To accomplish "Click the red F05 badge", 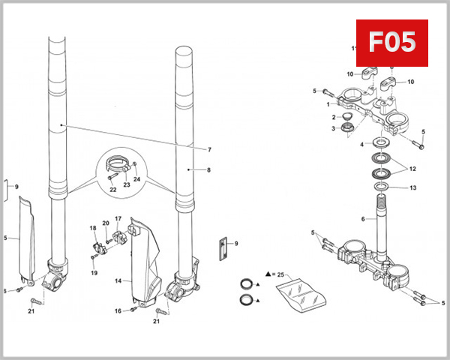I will [391, 43].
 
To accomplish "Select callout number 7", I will [209, 149].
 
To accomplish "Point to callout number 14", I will [118, 281].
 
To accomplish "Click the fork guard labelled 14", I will [145, 259].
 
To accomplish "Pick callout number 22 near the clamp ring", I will [112, 189].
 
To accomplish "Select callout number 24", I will [137, 179].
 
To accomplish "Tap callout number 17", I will [118, 219].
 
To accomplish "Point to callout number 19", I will [94, 273].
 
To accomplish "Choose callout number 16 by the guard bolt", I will [118, 310].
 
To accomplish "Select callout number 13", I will [412, 188].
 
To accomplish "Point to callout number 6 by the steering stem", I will [363, 219].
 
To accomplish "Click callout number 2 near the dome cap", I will [334, 118].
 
